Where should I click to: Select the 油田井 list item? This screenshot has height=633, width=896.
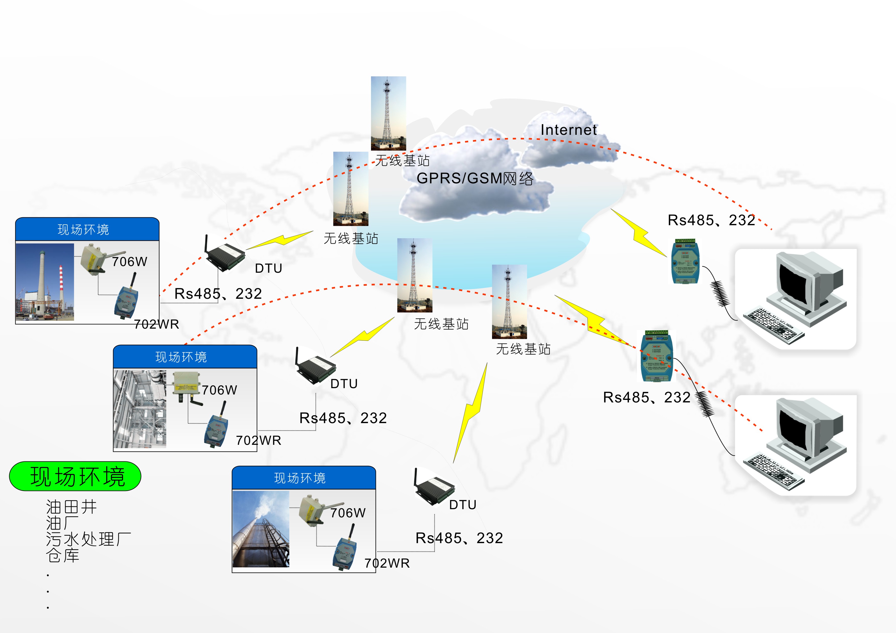pyautogui.click(x=71, y=507)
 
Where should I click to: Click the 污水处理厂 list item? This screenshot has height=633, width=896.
pyautogui.click(x=88, y=539)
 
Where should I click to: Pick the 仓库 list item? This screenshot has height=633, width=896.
pyautogui.click(x=63, y=555)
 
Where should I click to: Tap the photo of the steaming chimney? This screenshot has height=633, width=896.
pyautogui.click(x=261, y=529)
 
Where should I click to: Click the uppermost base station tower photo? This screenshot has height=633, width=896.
pyautogui.click(x=388, y=113)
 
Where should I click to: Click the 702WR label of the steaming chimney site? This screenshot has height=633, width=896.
pyautogui.click(x=387, y=563)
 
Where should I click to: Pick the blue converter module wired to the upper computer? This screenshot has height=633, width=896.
pyautogui.click(x=685, y=261)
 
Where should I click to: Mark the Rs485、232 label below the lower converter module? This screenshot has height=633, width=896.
pyautogui.click(x=646, y=397)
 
